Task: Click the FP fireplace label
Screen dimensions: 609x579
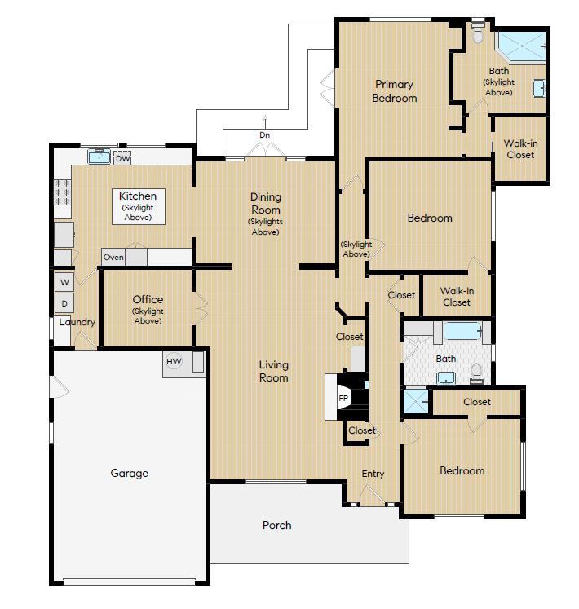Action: click(343, 399)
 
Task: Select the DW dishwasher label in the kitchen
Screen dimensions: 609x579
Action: click(122, 158)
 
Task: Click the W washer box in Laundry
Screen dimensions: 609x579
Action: click(64, 282)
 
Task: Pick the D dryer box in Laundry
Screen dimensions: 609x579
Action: click(64, 303)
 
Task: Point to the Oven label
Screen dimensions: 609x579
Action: click(113, 258)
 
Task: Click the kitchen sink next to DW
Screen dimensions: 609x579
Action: click(99, 157)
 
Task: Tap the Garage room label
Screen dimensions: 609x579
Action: click(129, 473)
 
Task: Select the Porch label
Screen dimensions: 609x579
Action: click(276, 525)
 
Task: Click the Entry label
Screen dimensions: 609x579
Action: click(373, 474)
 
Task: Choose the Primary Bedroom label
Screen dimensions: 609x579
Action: click(394, 90)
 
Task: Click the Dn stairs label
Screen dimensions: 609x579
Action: click(265, 135)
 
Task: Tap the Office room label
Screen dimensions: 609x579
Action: click(148, 299)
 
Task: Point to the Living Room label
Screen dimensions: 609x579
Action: click(274, 371)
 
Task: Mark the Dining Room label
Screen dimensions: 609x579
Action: click(265, 203)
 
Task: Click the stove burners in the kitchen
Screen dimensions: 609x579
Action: click(62, 192)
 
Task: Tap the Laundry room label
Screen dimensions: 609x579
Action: click(77, 322)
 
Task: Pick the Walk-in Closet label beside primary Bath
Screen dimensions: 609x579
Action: click(520, 148)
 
